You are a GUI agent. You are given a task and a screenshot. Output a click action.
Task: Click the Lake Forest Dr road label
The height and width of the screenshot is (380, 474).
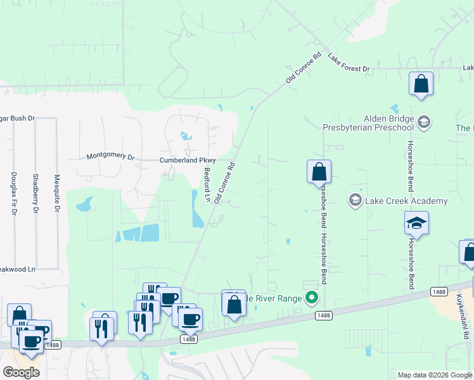click(348, 59)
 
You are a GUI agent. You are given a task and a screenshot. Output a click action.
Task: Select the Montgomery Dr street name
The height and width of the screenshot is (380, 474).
click(111, 156)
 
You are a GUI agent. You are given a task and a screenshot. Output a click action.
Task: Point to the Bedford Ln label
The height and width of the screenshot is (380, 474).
click(207, 184)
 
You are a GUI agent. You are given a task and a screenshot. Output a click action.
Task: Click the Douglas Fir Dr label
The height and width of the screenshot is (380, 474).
click(13, 194)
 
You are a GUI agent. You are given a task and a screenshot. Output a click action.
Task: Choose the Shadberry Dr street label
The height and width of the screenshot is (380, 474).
click(35, 194)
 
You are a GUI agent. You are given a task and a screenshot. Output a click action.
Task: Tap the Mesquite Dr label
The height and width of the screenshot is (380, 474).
click(57, 194)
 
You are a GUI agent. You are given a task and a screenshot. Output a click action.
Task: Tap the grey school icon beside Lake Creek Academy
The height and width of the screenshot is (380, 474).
click(355, 201)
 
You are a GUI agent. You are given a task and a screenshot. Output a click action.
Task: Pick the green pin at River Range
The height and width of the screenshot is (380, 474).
click(311, 297)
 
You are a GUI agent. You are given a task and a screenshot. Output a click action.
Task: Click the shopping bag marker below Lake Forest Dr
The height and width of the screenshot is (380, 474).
click(421, 84)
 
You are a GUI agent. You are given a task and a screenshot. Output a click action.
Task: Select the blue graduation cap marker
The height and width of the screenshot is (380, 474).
click(416, 223)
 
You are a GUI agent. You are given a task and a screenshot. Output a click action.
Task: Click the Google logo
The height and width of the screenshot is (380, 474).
click(21, 372)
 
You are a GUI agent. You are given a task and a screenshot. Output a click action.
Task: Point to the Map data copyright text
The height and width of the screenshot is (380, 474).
click(435, 375)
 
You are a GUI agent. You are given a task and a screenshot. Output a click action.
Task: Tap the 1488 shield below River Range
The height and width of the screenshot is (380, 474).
click(323, 315)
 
